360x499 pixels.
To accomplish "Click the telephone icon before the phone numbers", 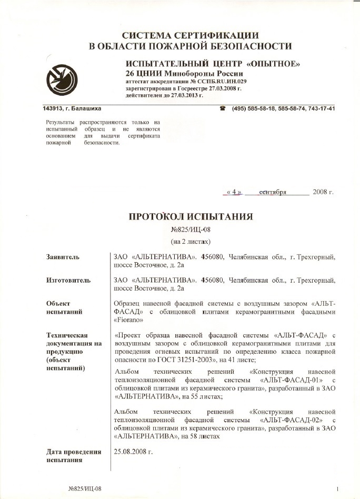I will [223, 108].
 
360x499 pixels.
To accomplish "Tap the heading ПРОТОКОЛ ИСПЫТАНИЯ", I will [191, 217].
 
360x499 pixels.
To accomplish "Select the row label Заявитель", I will [63, 257].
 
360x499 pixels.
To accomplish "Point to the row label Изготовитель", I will [68, 281].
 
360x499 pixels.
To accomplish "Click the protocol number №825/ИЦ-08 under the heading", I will [191, 230].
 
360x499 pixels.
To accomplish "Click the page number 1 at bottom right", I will [337, 488].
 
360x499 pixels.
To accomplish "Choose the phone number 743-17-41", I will [320, 108].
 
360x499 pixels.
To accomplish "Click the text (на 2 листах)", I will [191, 242].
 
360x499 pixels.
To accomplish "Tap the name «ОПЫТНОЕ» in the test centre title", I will [274, 64].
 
